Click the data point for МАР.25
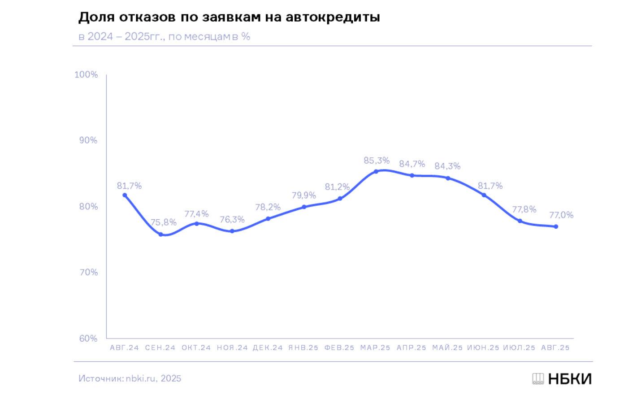[376, 171]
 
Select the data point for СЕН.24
[160, 234]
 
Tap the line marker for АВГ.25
[556, 226]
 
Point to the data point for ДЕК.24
[268, 219]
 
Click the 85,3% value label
[377, 161]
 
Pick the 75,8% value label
[163, 222]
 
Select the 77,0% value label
[561, 215]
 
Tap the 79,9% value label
[304, 195]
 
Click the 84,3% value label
[447, 166]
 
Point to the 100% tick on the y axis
[86, 74]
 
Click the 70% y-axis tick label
[88, 273]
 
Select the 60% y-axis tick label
[88, 339]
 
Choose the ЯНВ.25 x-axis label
[303, 348]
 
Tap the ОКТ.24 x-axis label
[196, 348]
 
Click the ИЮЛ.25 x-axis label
[519, 348]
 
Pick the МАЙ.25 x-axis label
[447, 348]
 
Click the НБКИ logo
[562, 379]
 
